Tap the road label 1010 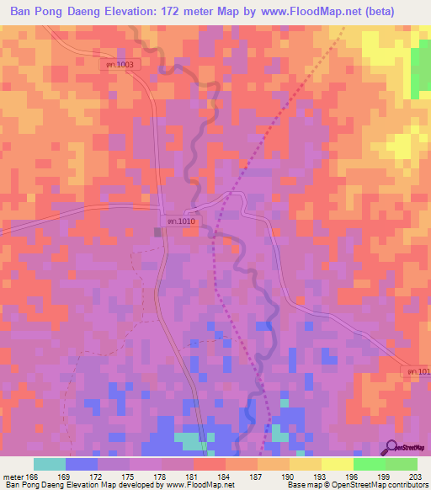pyautogui.click(x=181, y=221)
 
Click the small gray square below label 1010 pyautogui.click(x=158, y=232)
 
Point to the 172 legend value pyautogui.click(x=98, y=477)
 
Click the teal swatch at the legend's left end pyautogui.click(x=50, y=464)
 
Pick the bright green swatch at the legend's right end pyautogui.click(x=401, y=464)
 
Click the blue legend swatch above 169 pyautogui.click(x=82, y=464)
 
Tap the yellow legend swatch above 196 pyautogui.click(x=337, y=464)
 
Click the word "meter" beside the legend pyautogui.click(x=14, y=477)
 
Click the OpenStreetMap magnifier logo pyautogui.click(x=393, y=448)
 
